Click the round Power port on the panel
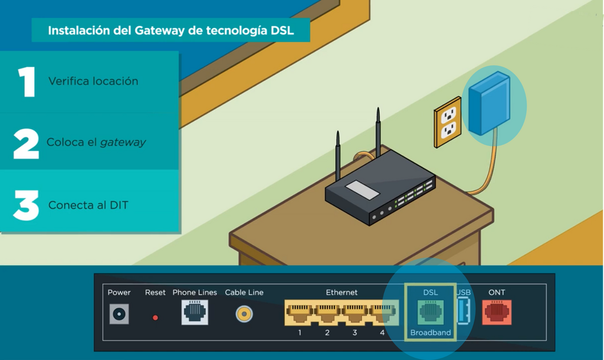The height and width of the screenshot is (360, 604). (x=119, y=314)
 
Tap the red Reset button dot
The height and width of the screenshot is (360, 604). (x=155, y=318)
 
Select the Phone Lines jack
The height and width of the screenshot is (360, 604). (x=195, y=312)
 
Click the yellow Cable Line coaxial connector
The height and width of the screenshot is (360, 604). (x=244, y=314)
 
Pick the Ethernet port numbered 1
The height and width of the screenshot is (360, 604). (x=299, y=313)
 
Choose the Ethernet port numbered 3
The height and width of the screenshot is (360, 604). (x=354, y=313)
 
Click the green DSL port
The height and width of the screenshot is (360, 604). (x=430, y=313)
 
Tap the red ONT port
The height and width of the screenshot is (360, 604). (x=497, y=312)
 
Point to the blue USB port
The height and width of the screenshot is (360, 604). (x=464, y=312)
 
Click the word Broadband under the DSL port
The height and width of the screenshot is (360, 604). (x=430, y=333)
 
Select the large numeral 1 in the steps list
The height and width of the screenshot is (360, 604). (x=27, y=81)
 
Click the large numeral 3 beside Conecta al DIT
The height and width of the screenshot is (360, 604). (x=26, y=205)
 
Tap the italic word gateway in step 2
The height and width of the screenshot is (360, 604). (x=123, y=143)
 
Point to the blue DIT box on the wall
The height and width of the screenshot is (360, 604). (x=490, y=103)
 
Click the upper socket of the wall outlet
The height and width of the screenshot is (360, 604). (x=448, y=114)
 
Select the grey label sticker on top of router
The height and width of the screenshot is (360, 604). (x=362, y=190)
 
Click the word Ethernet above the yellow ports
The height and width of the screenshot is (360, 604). (x=342, y=293)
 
